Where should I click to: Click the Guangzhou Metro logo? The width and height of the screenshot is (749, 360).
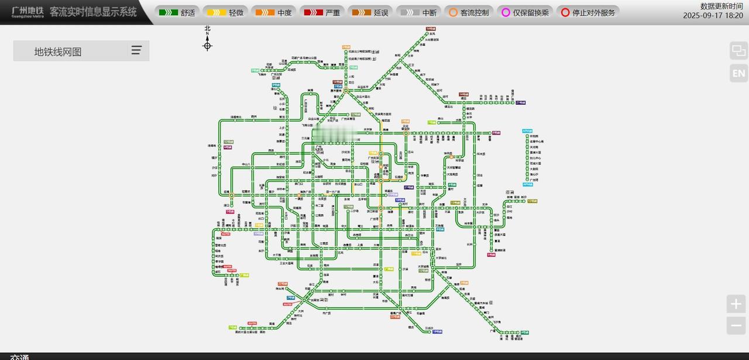[28, 12]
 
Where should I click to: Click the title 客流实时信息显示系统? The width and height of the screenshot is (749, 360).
[94, 12]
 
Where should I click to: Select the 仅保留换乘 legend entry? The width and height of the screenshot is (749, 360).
[524, 12]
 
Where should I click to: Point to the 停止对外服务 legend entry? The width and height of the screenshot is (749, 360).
[587, 12]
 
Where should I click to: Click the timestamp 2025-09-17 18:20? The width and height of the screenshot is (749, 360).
[713, 16]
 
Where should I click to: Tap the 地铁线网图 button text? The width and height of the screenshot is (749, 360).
[58, 52]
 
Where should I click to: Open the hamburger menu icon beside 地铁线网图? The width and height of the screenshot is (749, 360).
[136, 50]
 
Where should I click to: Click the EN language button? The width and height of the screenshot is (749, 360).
[738, 73]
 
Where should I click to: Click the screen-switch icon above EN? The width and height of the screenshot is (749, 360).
[738, 51]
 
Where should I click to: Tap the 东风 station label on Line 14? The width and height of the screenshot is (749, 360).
[431, 34]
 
